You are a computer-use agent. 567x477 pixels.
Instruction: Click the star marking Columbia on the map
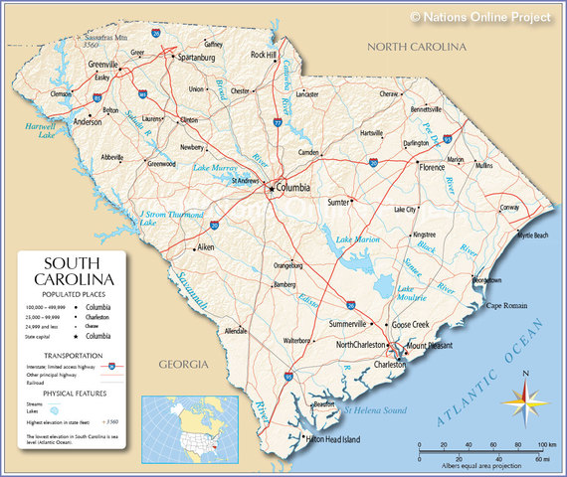(x=271, y=188)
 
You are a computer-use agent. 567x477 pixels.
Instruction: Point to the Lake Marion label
(x=358, y=240)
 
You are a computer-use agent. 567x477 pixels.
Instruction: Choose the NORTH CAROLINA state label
(x=416, y=47)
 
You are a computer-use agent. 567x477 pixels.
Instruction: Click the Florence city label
(x=432, y=168)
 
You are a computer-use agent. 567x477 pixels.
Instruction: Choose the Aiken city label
(x=206, y=246)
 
